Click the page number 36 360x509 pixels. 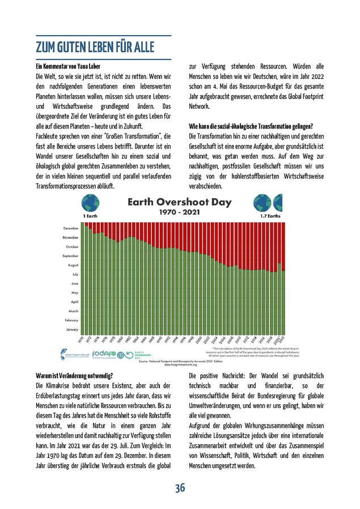[180, 488]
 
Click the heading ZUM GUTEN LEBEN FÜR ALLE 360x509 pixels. [95, 47]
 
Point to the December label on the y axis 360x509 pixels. [71, 228]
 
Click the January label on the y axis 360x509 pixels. [72, 329]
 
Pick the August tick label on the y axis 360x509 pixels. [73, 265]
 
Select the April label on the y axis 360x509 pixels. [74, 302]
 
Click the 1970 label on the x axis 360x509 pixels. [82, 340]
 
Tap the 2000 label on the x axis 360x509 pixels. [199, 340]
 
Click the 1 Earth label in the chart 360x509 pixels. [91, 216]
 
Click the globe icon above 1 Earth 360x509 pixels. [90, 203]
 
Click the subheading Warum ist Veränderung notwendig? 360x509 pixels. [74, 375]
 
